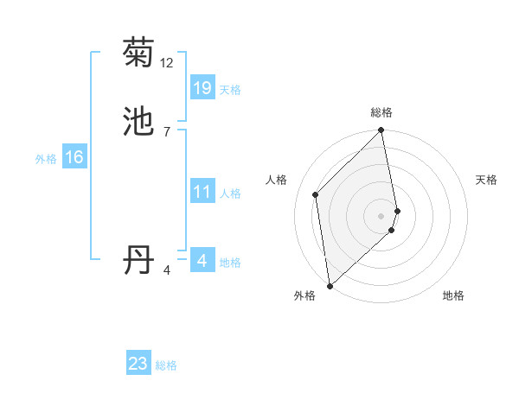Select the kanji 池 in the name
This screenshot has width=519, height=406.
[139, 122]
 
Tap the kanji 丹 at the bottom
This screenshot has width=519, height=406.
[139, 260]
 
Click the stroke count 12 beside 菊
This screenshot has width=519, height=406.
[167, 63]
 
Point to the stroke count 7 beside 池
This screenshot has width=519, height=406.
[167, 131]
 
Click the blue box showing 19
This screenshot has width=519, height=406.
[202, 88]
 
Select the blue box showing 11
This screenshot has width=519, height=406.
[202, 192]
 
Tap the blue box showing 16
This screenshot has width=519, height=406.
[74, 157]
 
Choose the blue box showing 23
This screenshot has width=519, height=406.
[138, 364]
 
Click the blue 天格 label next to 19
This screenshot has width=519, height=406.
[230, 90]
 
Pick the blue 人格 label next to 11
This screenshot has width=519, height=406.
[230, 193]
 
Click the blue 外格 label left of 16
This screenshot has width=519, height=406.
[46, 159]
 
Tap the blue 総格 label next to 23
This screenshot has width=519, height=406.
[167, 365]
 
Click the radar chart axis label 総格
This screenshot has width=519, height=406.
[381, 112]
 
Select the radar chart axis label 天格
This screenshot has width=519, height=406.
[486, 180]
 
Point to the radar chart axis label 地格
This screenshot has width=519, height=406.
[453, 295]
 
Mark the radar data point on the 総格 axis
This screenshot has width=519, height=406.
[381, 131]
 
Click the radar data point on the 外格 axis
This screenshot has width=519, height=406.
[330, 285]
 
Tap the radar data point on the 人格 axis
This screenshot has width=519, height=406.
[316, 194]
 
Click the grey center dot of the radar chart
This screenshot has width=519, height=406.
[381, 215]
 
